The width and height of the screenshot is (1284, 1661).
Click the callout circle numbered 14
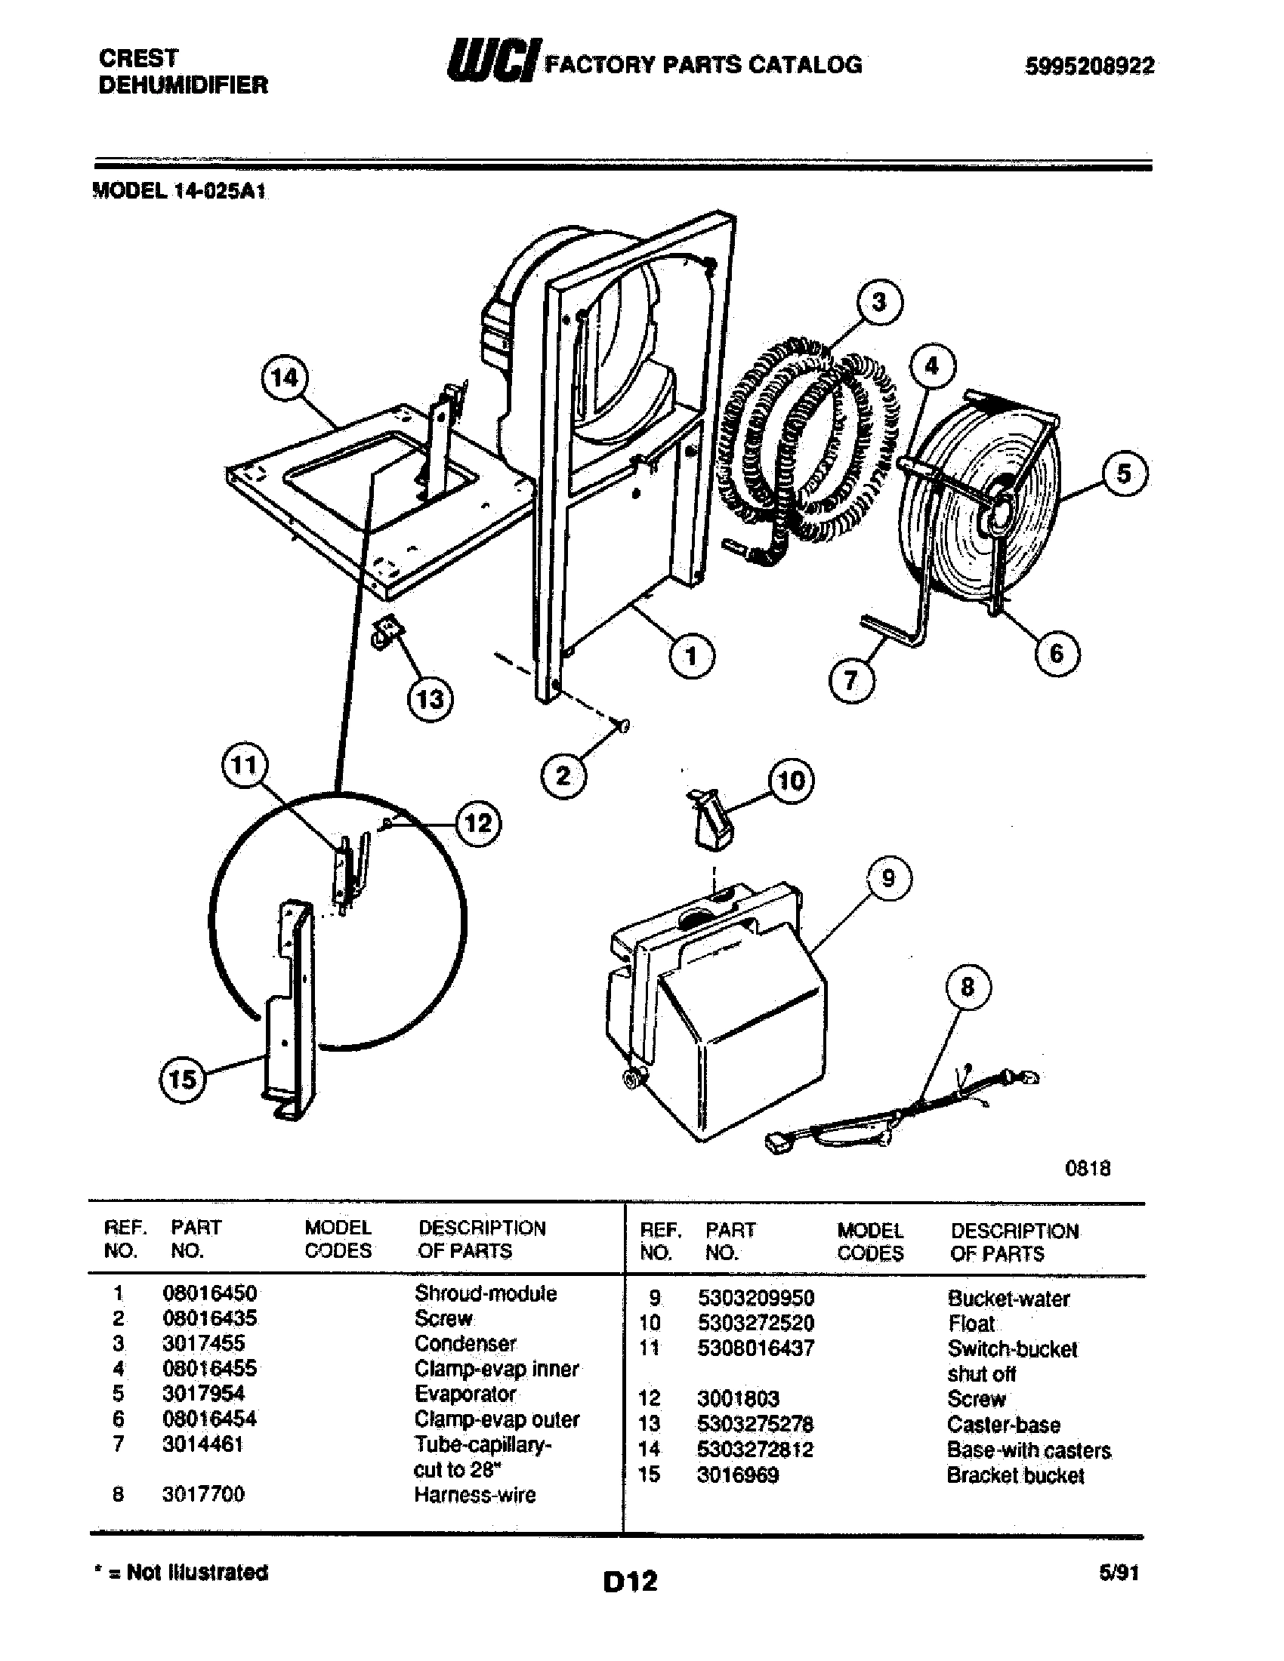coord(285,377)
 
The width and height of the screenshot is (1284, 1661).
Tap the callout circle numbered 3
coord(879,302)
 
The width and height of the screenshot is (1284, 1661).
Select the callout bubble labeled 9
coord(888,879)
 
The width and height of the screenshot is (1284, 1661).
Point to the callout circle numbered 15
coord(183,1080)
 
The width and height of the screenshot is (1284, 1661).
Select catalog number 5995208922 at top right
coord(1089,67)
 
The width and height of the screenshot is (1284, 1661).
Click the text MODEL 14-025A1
coord(180,191)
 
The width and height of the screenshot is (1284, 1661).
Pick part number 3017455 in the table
coord(204,1343)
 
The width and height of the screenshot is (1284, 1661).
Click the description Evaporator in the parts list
coord(465,1393)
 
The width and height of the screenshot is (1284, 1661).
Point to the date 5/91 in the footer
coord(1118,1573)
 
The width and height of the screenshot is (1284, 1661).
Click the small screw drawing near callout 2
coord(623,726)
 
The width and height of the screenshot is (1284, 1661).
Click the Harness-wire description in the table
coord(474,1494)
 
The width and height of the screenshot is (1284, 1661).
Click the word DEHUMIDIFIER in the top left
coord(184,85)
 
